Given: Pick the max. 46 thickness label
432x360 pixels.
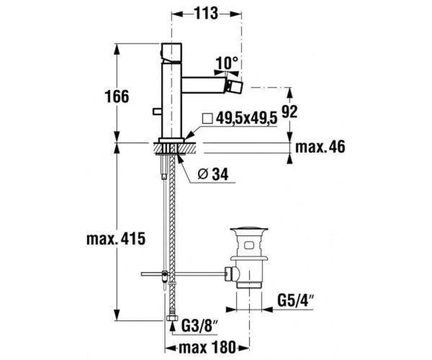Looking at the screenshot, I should (x=320, y=147).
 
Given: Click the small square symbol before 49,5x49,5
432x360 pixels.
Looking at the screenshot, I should (x=207, y=118).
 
